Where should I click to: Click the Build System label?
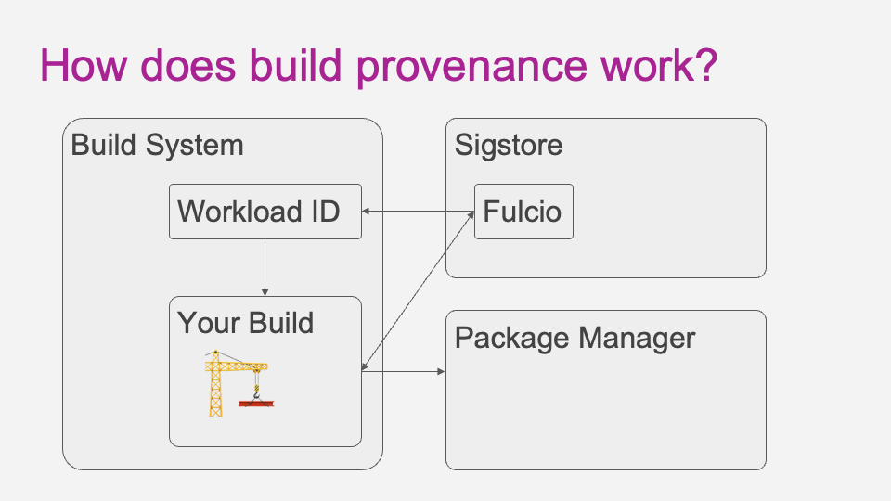(157, 146)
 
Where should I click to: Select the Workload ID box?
(265, 212)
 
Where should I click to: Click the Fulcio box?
(523, 212)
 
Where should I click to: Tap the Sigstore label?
(509, 146)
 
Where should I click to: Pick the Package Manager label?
(575, 338)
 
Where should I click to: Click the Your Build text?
(245, 323)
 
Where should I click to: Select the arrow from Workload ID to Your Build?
(265, 267)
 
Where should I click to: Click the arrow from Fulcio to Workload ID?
(418, 212)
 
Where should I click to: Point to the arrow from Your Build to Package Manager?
(404, 372)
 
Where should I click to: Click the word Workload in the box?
(239, 212)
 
